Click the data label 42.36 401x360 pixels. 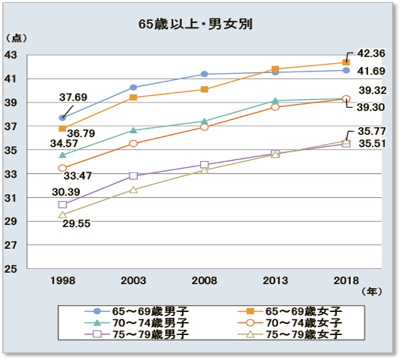click(x=371, y=53)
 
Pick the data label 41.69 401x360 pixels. click(x=371, y=71)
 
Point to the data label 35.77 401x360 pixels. click(x=371, y=132)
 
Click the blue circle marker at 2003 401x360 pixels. click(x=133, y=88)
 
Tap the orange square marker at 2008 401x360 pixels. click(x=204, y=89)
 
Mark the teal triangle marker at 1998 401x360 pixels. click(x=62, y=155)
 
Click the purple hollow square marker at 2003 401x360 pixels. click(x=133, y=176)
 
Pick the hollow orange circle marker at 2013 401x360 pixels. click(x=275, y=107)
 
